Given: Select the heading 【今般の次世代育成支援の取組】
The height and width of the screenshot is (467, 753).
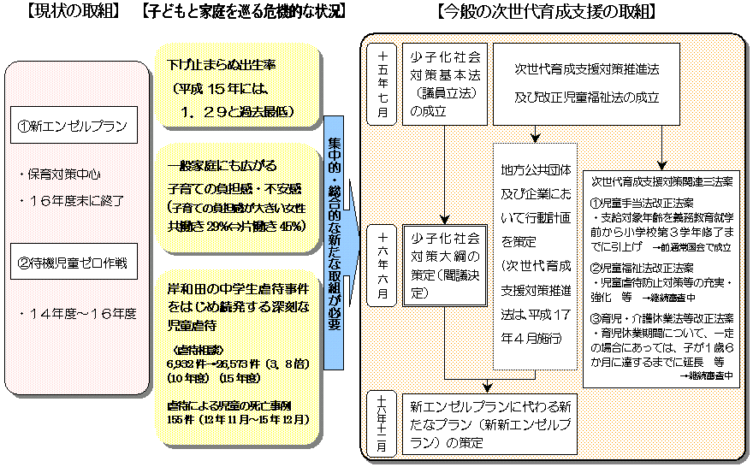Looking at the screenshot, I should click(546, 12).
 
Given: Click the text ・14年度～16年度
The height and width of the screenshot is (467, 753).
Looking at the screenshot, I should click(77, 314).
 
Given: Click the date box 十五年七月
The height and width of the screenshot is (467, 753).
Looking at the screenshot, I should click(382, 83).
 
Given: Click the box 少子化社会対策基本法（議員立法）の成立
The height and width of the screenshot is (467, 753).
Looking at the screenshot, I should click(443, 83).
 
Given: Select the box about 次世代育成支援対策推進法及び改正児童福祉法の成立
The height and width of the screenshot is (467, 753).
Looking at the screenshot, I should click(587, 82).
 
